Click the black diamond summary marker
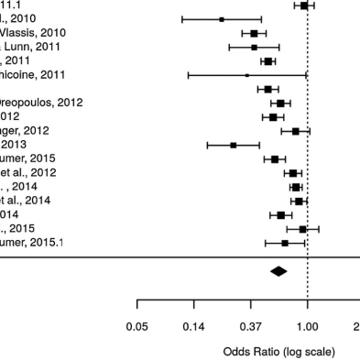click(x=279, y=270)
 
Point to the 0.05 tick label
click(x=137, y=327)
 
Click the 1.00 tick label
click(x=307, y=327)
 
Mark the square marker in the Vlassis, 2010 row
click(x=254, y=33)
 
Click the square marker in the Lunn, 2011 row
click(x=255, y=47)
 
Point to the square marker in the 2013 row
click(x=234, y=145)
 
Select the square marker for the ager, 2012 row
click(x=295, y=131)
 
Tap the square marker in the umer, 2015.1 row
click(x=285, y=243)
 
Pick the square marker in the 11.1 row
click(x=304, y=5)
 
